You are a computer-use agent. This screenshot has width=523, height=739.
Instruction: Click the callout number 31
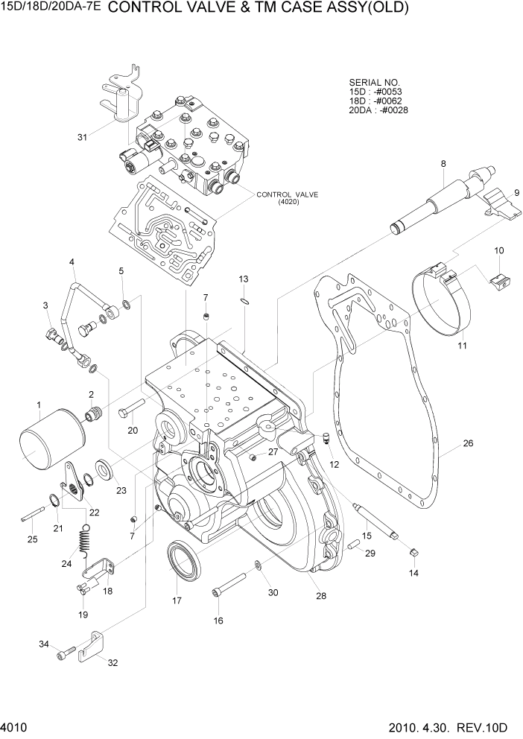click(x=82, y=136)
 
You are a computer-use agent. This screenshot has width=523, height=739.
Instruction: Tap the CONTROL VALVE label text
click(x=287, y=194)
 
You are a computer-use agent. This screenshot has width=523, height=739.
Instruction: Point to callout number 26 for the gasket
click(x=468, y=444)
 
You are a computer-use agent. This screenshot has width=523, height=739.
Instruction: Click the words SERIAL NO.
click(x=374, y=82)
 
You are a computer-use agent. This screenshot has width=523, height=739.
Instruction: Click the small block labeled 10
click(x=498, y=281)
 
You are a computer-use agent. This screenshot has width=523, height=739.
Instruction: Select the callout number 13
click(x=243, y=279)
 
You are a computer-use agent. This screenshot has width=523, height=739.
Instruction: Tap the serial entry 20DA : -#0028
click(x=378, y=110)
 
